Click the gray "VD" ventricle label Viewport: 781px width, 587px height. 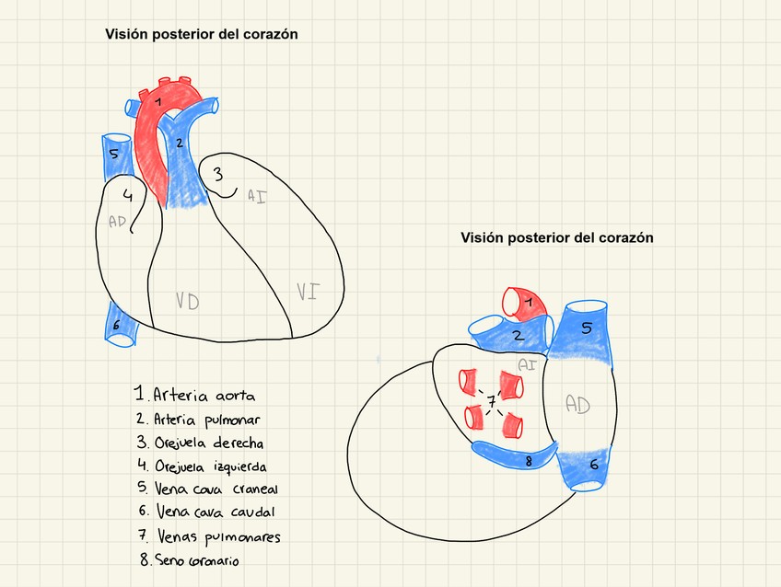187,302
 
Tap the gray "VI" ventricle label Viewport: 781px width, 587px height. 308,293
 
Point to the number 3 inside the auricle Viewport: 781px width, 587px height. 218,173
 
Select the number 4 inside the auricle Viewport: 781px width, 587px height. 128,196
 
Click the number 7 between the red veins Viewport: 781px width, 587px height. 492,402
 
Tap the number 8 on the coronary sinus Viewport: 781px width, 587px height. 528,461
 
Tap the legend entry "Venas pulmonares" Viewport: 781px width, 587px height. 209,536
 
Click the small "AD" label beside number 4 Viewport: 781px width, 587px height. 117,221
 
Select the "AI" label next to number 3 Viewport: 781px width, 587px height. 257,195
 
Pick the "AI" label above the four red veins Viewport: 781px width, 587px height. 527,364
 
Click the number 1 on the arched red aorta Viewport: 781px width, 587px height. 158,100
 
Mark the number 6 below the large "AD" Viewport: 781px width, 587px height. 594,466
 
